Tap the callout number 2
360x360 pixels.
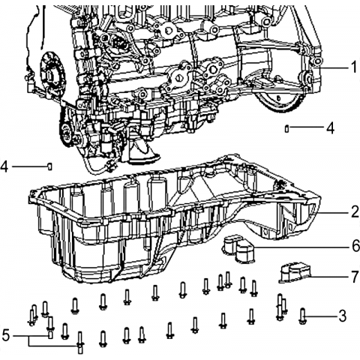355,211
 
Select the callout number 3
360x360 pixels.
342,316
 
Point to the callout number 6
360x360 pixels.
355,246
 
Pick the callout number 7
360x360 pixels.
355,277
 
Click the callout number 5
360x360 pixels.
5,335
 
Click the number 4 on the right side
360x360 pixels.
330,128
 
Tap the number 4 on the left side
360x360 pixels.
4,166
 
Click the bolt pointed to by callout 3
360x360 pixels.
302,316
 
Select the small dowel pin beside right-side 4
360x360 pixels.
287,128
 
